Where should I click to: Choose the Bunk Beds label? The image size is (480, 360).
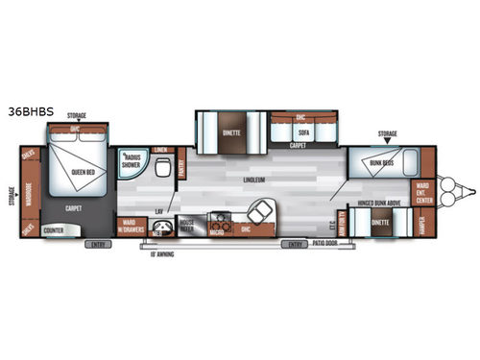point(381,163)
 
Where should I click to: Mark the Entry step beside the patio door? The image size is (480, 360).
point(293,245)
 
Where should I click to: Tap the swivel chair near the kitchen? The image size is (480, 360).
point(258,214)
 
